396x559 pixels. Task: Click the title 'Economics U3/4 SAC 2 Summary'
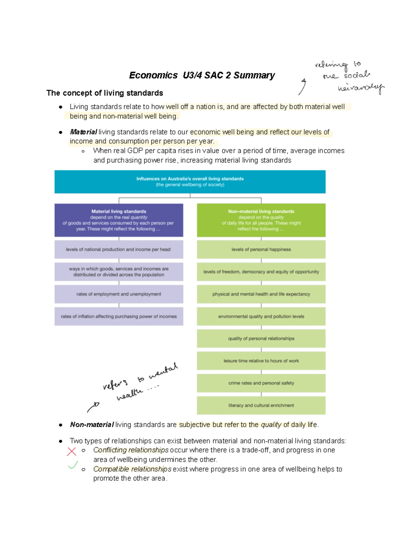202,75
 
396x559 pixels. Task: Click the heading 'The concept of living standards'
105,93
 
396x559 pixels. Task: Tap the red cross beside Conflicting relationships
71,451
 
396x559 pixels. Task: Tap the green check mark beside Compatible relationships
73,465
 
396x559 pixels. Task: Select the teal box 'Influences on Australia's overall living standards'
190,182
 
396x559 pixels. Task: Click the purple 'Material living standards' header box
119,220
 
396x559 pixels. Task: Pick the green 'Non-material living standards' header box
261,220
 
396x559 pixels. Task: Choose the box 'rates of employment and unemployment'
119,294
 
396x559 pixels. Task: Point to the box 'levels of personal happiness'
261,250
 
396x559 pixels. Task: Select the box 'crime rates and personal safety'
261,383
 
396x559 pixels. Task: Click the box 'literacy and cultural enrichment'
261,405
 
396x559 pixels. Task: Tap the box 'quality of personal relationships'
261,338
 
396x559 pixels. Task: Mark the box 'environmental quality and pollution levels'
261,316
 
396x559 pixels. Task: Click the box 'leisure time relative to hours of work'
261,361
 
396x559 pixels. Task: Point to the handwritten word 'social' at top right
357,75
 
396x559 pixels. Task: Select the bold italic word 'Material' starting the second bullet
83,132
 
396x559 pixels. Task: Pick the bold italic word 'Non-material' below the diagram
92,425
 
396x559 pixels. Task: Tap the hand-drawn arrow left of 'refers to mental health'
93,407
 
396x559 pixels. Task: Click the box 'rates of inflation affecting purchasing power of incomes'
119,316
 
